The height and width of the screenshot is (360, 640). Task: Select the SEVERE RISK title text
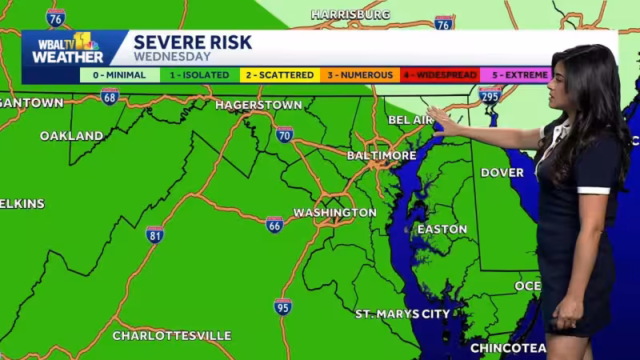point(192,42)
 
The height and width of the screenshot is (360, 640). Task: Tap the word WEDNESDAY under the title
point(172,57)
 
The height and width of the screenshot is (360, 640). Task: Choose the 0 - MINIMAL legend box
point(119,75)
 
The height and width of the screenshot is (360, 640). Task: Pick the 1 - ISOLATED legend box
point(199,75)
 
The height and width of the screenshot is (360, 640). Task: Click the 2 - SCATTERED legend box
point(279,75)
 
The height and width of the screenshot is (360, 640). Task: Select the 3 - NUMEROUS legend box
point(359,75)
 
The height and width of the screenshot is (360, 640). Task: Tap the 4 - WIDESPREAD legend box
point(439,75)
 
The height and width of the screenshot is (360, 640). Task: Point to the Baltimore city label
point(382,155)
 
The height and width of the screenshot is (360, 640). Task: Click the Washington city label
point(334,213)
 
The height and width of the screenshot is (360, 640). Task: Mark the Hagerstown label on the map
point(258,105)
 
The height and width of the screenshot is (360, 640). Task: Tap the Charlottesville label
point(172,335)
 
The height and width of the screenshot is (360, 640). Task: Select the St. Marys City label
point(402,314)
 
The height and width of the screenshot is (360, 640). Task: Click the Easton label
point(442,230)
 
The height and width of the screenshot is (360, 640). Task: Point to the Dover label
point(502,173)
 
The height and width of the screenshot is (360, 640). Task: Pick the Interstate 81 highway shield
point(155,234)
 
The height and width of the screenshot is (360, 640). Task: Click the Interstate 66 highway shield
point(274,224)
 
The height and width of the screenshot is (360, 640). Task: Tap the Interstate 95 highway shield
point(282,306)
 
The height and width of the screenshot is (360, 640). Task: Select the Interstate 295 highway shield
point(490,95)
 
